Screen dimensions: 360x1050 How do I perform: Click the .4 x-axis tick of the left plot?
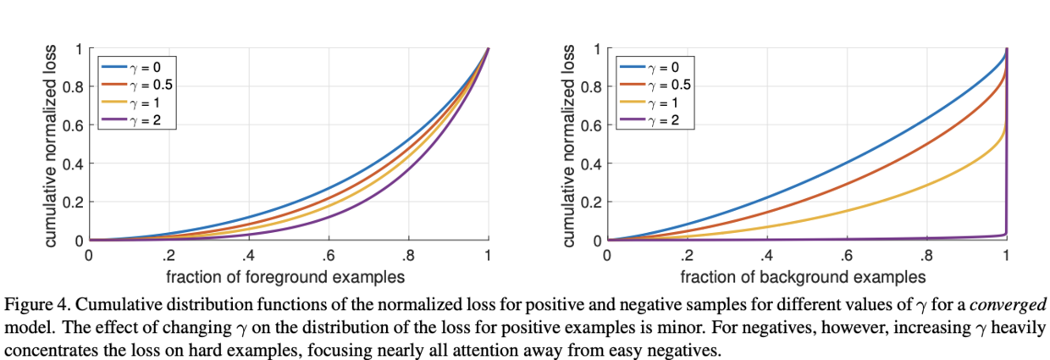point(248,256)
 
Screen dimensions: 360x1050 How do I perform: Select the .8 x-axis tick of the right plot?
point(926,256)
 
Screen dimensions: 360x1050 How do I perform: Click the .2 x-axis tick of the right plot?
point(687,256)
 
